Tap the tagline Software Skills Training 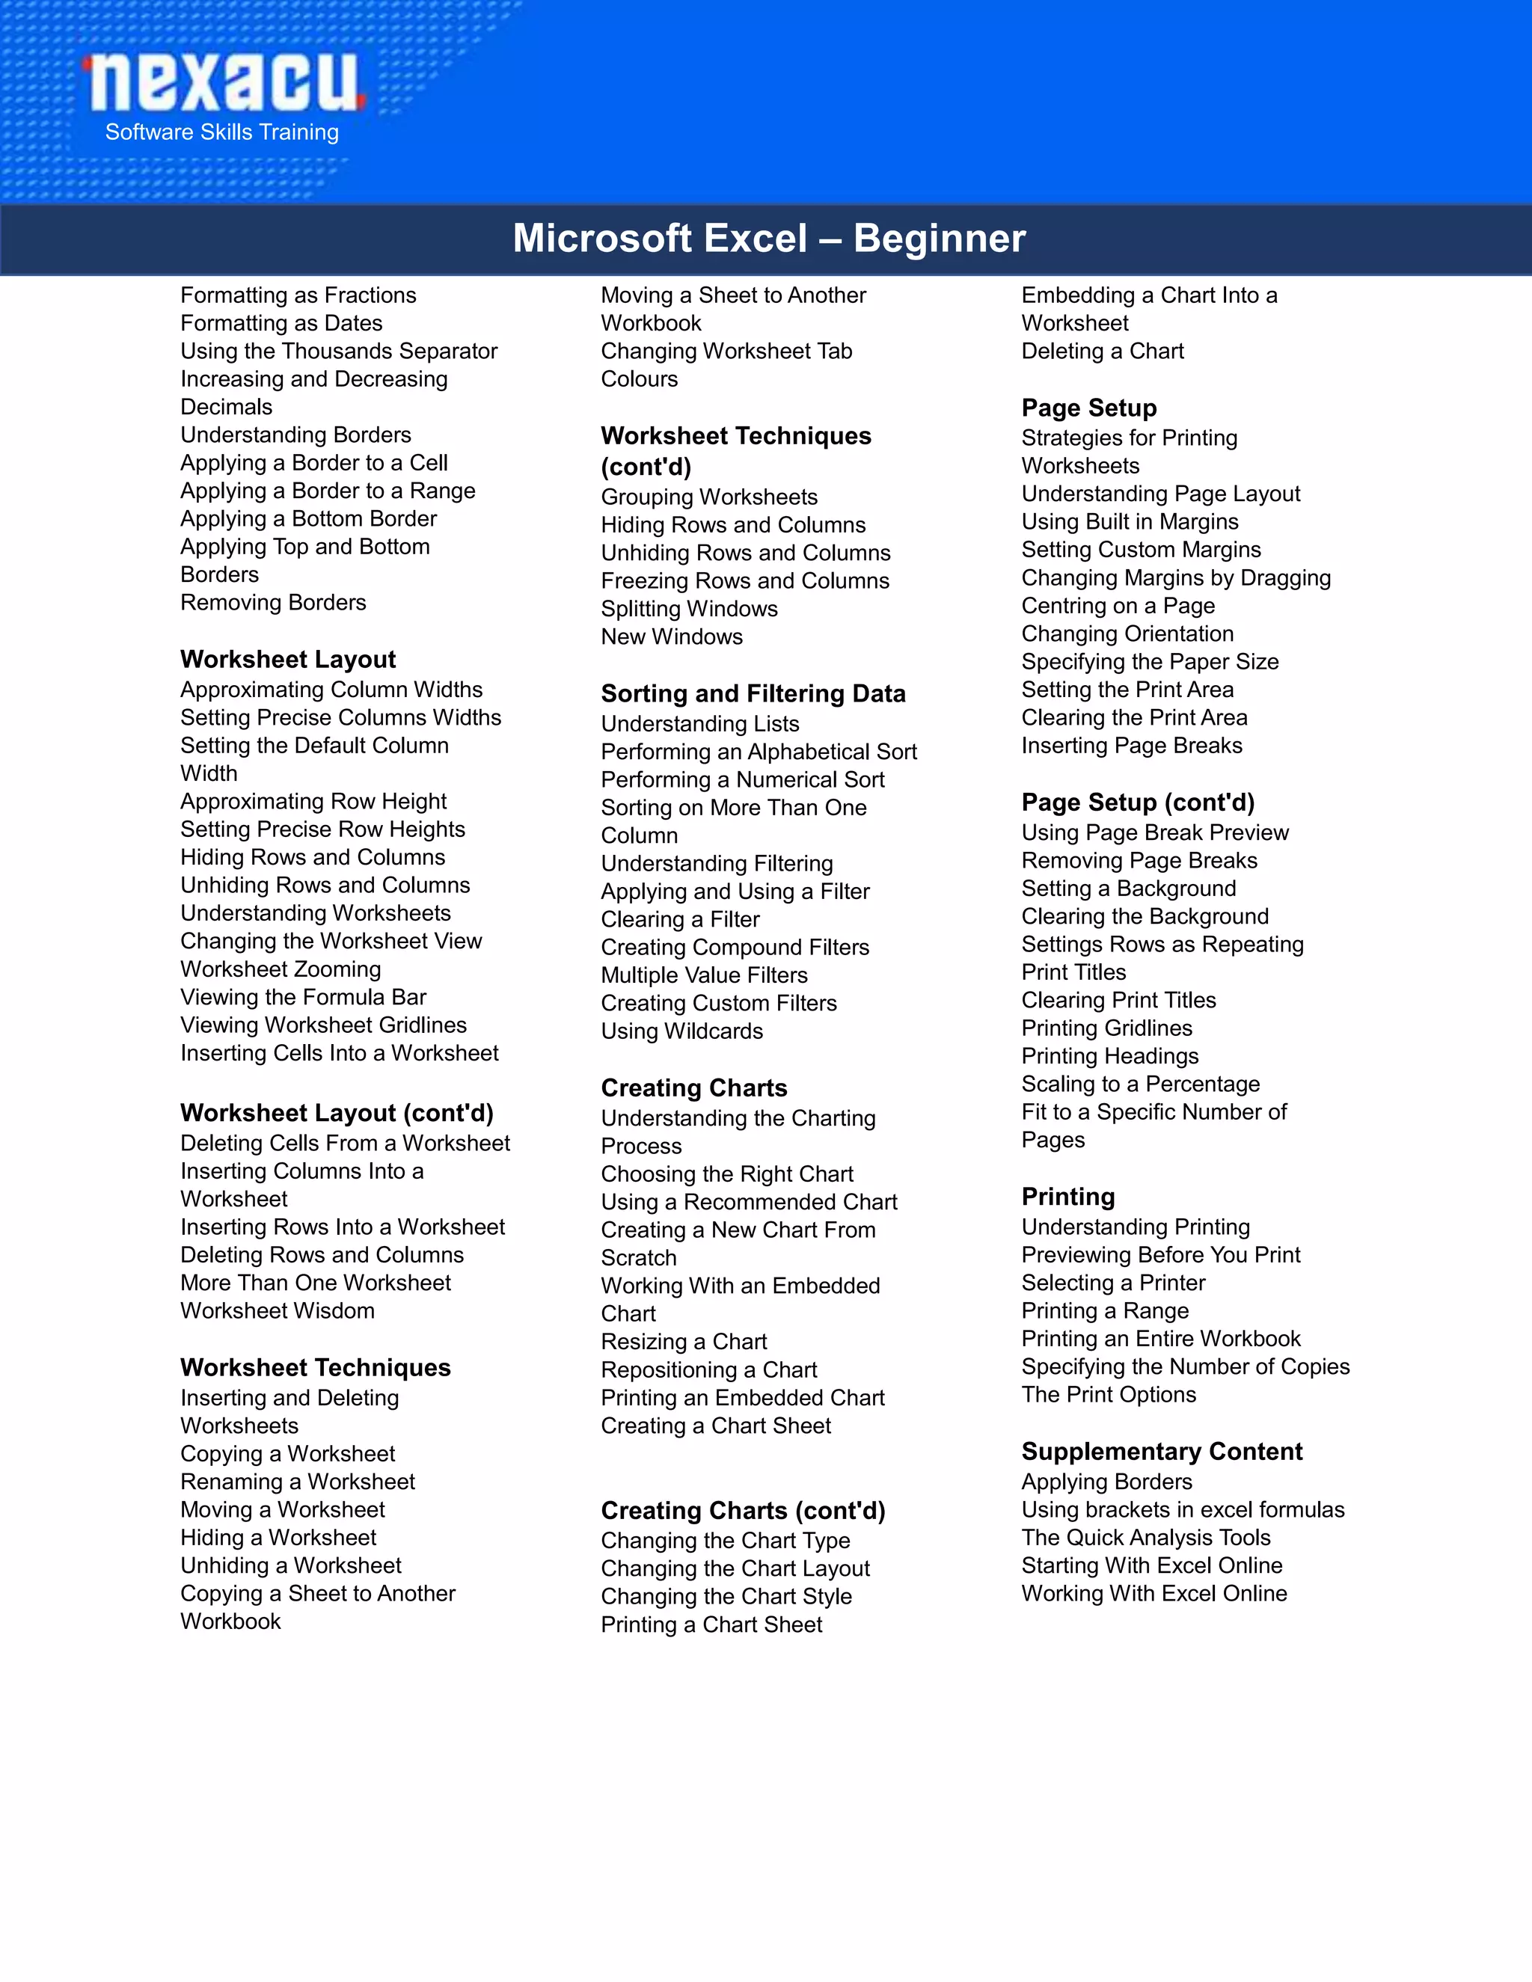[221, 132]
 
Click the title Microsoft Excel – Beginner [769, 239]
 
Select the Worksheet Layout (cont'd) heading [337, 1113]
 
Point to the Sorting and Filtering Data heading [753, 693]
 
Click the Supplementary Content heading [1162, 1451]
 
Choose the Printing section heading [1068, 1196]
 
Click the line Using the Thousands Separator [339, 352]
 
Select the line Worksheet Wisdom [277, 1310]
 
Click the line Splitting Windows [689, 609]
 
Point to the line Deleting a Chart [1103, 352]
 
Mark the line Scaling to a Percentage [1141, 1084]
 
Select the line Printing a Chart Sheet [711, 1624]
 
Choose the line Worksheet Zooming [281, 969]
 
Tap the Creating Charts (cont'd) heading [742, 1510]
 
